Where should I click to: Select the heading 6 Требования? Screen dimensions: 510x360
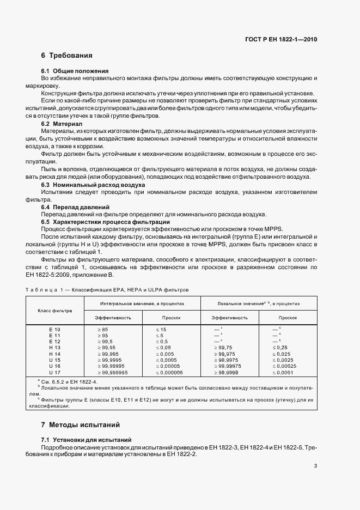66,56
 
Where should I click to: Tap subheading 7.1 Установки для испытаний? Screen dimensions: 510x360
86,440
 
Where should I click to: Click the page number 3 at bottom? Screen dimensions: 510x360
316,466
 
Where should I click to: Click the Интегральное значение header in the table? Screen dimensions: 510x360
142,303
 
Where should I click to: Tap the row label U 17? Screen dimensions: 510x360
54,372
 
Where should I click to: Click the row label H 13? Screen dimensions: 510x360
54,347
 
